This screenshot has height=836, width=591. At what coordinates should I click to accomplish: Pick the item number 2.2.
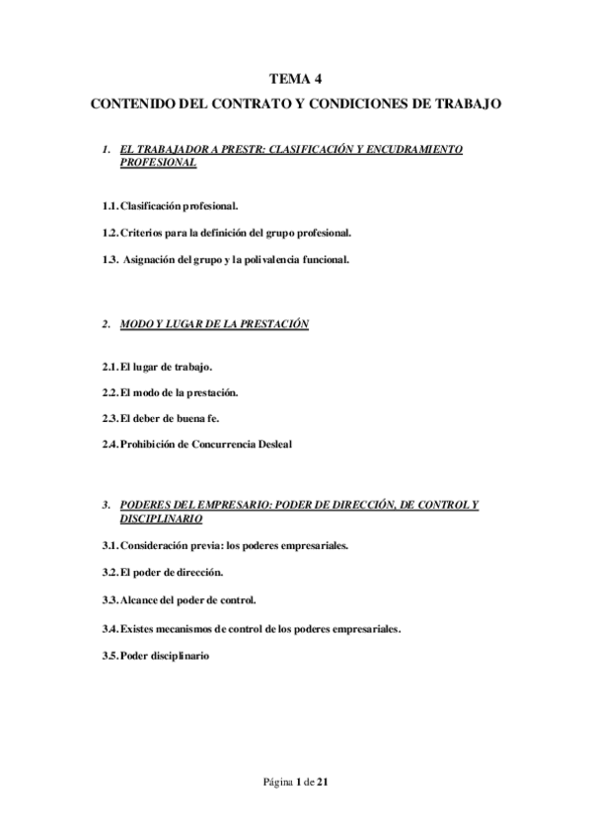(x=110, y=392)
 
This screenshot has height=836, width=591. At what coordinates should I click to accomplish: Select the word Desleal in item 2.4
(x=273, y=444)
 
